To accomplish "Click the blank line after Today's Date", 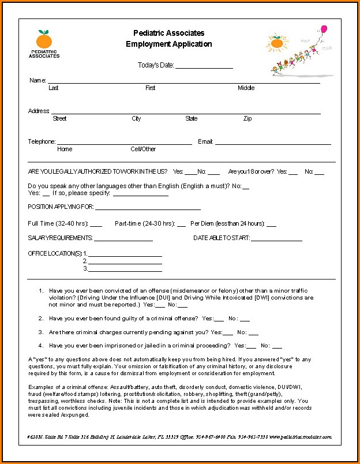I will click(x=204, y=67).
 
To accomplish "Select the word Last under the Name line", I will click(x=54, y=88).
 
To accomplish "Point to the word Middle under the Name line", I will click(x=246, y=88).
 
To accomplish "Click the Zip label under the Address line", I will click(x=247, y=119).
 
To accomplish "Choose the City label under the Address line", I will click(x=136, y=119).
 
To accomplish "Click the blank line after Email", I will click(x=273, y=143).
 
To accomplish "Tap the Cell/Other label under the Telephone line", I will click(x=143, y=149).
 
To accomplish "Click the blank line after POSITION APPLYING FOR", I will click(x=148, y=208).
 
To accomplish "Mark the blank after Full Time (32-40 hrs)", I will click(x=96, y=226).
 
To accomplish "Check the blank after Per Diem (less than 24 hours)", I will click(x=271, y=226).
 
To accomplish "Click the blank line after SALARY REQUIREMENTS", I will click(x=123, y=240).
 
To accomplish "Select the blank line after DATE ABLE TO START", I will click(x=276, y=240).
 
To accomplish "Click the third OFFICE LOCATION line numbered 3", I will click(x=125, y=270).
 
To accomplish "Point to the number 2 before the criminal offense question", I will click(x=41, y=318).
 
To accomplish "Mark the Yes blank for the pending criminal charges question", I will click(x=228, y=334).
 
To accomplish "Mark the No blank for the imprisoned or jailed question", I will click(x=277, y=347).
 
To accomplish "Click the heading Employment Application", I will click(x=169, y=44).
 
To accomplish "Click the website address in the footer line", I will click(x=300, y=437).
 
